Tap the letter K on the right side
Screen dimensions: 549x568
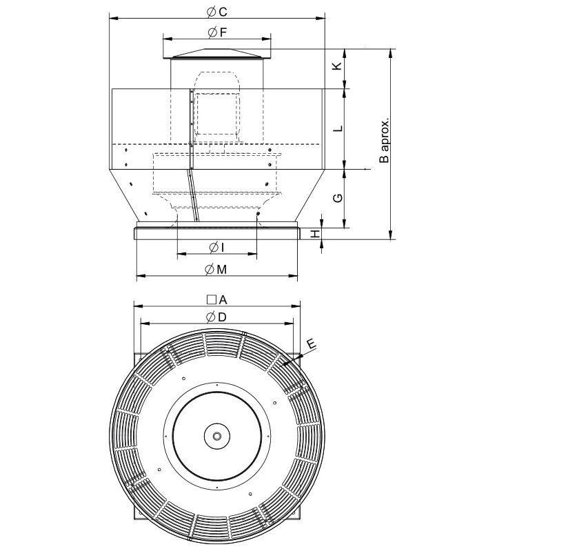click(336, 66)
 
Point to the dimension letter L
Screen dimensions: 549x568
click(336, 129)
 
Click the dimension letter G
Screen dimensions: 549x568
click(336, 198)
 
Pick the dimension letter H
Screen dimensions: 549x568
click(316, 234)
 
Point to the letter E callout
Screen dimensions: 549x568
click(310, 343)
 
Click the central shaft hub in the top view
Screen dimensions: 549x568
click(217, 437)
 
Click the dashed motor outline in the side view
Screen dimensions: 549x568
click(216, 110)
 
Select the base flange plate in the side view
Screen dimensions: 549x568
click(217, 232)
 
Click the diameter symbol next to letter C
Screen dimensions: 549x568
click(211, 11)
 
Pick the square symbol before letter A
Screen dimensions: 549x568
click(211, 299)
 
